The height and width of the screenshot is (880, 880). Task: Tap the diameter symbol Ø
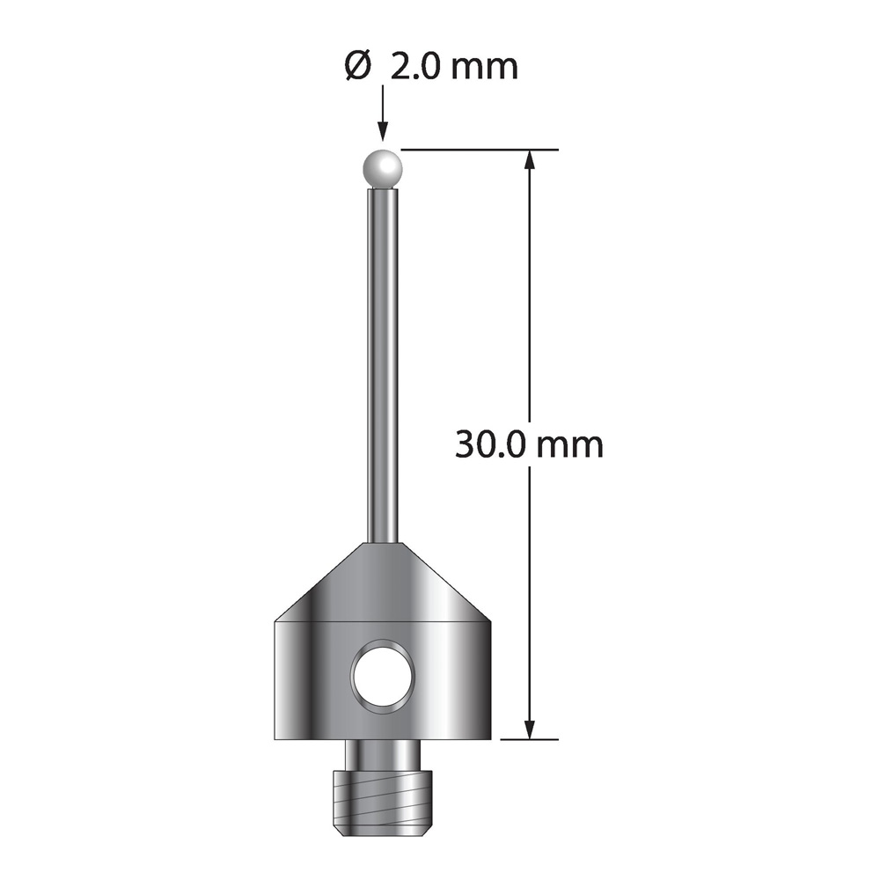coord(357,68)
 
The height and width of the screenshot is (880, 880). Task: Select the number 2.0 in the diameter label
coord(413,68)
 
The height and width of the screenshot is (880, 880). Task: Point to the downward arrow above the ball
coord(384,113)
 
